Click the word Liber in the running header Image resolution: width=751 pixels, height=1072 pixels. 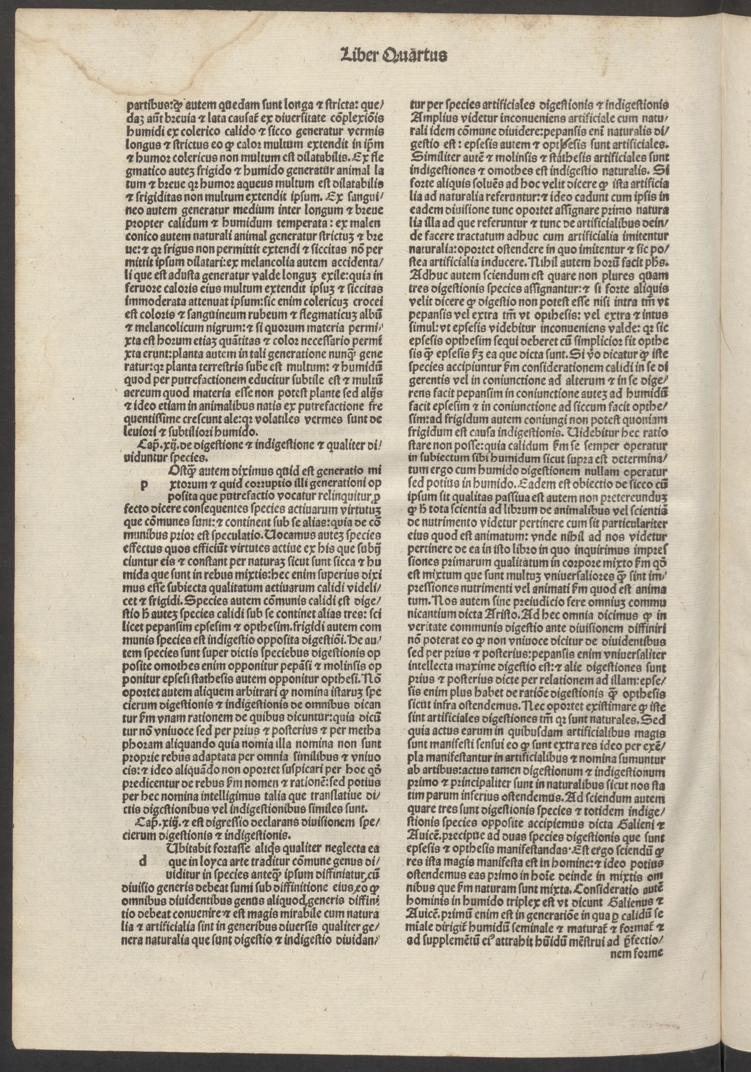[355, 54]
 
